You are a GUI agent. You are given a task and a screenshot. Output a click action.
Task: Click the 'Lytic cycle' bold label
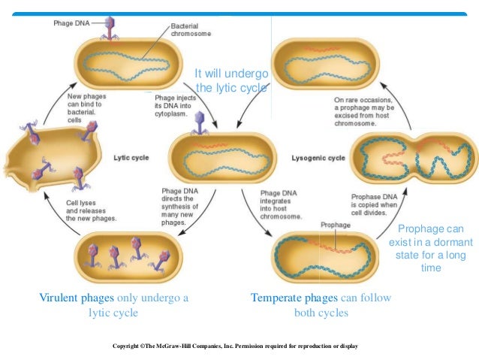click(x=131, y=158)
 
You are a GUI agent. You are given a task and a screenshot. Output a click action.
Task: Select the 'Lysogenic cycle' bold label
click(x=318, y=158)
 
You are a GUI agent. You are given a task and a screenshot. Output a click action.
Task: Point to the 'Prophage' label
click(x=335, y=224)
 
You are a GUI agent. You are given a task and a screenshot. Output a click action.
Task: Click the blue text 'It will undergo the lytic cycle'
click(x=230, y=81)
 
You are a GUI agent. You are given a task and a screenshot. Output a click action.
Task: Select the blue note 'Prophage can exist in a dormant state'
click(x=430, y=249)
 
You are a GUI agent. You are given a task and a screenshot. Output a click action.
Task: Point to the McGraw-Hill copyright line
click(x=235, y=346)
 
